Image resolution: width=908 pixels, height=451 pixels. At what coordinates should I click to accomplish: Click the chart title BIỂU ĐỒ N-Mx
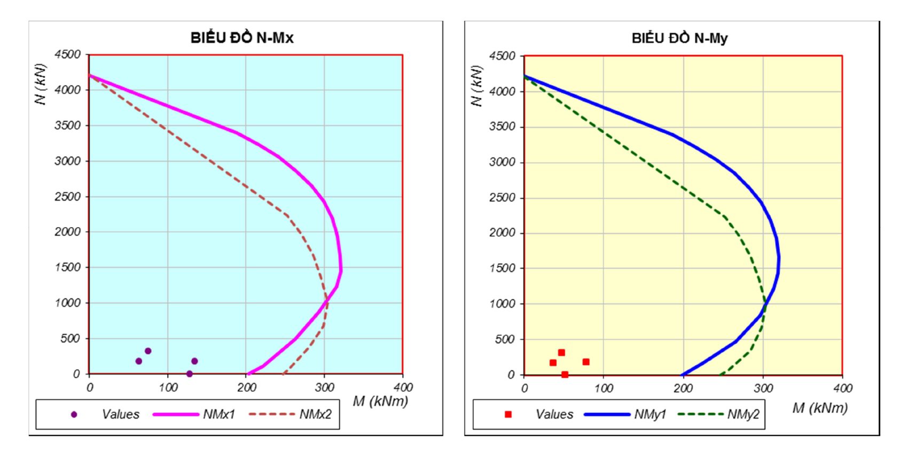pyautogui.click(x=242, y=38)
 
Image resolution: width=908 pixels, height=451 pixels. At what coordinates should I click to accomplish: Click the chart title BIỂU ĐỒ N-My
pyautogui.click(x=679, y=38)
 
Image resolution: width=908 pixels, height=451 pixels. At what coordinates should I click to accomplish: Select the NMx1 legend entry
pyautogui.click(x=218, y=414)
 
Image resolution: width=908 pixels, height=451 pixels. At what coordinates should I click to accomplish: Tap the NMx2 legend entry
pyautogui.click(x=315, y=414)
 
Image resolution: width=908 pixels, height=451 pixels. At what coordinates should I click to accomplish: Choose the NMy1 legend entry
pyautogui.click(x=650, y=414)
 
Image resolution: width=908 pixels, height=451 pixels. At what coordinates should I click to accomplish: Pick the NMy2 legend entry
pyautogui.click(x=743, y=414)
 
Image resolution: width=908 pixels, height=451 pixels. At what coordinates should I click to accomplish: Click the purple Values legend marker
pyautogui.click(x=74, y=414)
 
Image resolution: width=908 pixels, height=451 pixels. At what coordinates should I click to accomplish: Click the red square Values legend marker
pyautogui.click(x=508, y=414)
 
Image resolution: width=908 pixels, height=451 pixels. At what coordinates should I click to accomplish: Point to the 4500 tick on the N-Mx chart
pyautogui.click(x=68, y=55)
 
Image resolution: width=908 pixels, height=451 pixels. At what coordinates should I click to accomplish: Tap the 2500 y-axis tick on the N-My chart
pyautogui.click(x=502, y=198)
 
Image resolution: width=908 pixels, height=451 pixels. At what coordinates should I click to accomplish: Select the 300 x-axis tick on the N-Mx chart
pyautogui.click(x=324, y=387)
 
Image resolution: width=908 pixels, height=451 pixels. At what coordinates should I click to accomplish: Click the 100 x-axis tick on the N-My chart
pyautogui.click(x=604, y=388)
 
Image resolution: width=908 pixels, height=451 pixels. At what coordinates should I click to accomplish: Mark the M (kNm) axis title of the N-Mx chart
pyautogui.click(x=380, y=401)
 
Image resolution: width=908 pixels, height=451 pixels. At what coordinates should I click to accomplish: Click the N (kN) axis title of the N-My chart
pyautogui.click(x=476, y=85)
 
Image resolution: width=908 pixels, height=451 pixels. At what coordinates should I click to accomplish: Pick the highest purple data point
pyautogui.click(x=148, y=351)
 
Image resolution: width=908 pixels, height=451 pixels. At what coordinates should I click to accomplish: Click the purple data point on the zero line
pyautogui.click(x=189, y=374)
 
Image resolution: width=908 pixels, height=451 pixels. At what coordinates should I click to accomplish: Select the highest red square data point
pyautogui.click(x=561, y=353)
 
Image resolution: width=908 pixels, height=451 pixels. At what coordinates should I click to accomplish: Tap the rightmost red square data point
pyautogui.click(x=586, y=362)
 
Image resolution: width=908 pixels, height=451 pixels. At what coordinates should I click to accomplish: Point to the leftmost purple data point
pyautogui.click(x=139, y=361)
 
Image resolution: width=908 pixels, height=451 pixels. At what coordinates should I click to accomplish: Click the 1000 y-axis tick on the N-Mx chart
pyautogui.click(x=68, y=303)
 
